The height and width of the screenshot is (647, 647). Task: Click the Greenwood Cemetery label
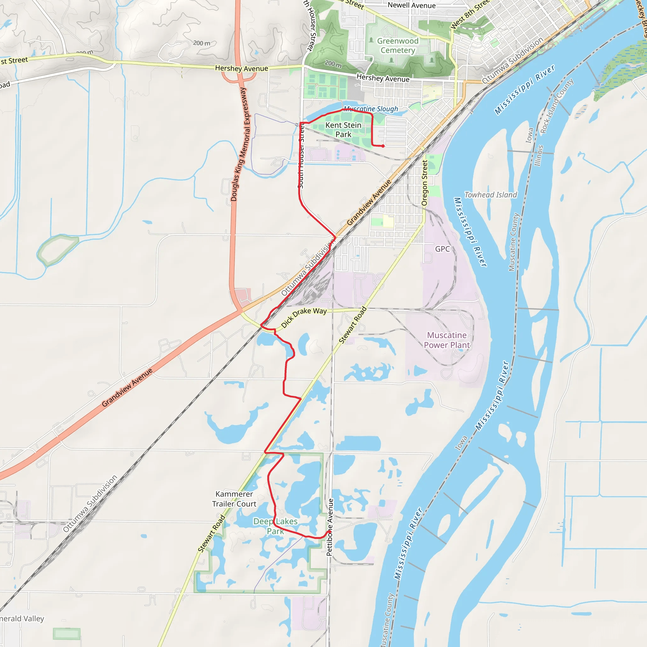pos(397,45)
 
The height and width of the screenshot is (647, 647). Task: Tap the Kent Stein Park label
pos(343,130)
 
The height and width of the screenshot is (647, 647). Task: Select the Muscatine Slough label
pos(371,109)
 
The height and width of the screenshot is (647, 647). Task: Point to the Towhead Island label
pos(490,195)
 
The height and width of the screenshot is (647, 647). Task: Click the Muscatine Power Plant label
pos(447,340)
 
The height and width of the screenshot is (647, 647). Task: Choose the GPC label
pos(442,249)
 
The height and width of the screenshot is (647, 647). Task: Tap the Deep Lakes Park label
pos(275,526)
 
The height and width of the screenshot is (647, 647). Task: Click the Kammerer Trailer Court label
pos(234,499)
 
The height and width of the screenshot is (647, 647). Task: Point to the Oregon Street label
pos(425,183)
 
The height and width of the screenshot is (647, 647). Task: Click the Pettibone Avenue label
pos(330,527)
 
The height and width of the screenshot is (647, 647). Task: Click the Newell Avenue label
pos(412,5)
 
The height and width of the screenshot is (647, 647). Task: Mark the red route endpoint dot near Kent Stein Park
pos(383,146)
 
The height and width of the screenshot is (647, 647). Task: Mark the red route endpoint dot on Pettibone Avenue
pos(330,531)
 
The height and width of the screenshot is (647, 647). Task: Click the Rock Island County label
pos(557,106)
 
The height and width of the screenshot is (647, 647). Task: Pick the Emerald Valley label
pos(22,619)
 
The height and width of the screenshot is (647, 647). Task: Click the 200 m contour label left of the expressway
pos(202,43)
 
